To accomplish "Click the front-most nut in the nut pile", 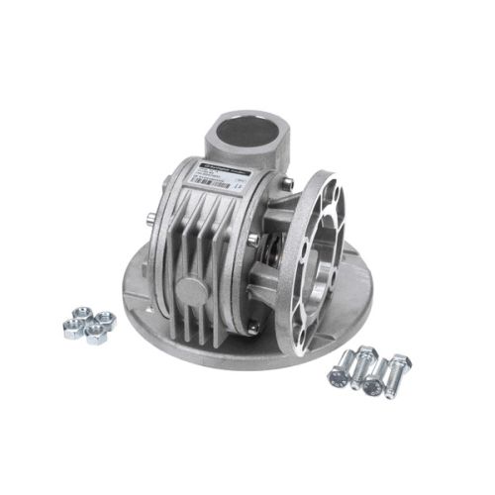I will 96,336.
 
